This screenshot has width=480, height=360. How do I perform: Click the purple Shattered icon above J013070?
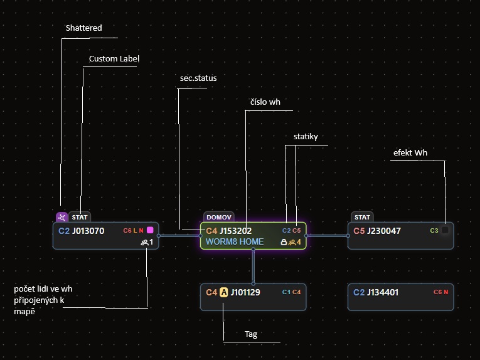coord(62,218)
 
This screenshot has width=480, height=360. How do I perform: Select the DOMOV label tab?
coord(219,217)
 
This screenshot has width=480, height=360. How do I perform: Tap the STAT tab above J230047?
coord(362,217)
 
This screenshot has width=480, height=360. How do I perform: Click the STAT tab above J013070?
coord(80,217)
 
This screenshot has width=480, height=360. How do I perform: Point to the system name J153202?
coord(235,231)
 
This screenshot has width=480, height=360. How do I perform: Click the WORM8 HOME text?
coord(235,241)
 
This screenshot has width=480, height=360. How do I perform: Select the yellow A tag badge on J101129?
coord(224,292)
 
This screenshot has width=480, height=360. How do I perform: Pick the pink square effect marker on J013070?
coord(150,230)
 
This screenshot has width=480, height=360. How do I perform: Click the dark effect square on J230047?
coord(445,230)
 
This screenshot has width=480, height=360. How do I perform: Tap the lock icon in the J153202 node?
coord(284,242)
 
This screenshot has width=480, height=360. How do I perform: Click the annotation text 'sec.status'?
coord(198,78)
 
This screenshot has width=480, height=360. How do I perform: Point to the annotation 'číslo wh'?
coord(265,102)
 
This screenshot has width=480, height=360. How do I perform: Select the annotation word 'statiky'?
coord(306,137)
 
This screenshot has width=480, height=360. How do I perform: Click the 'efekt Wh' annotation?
coord(410,152)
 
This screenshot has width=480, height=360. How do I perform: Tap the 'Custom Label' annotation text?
coord(114,59)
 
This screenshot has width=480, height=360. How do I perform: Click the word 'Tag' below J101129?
coord(251,334)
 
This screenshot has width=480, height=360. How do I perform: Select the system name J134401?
coord(383,292)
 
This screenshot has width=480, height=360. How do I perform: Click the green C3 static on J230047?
coord(434,231)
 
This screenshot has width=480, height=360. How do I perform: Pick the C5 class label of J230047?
coord(359,231)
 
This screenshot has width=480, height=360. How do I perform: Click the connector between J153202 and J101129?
coord(253,267)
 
